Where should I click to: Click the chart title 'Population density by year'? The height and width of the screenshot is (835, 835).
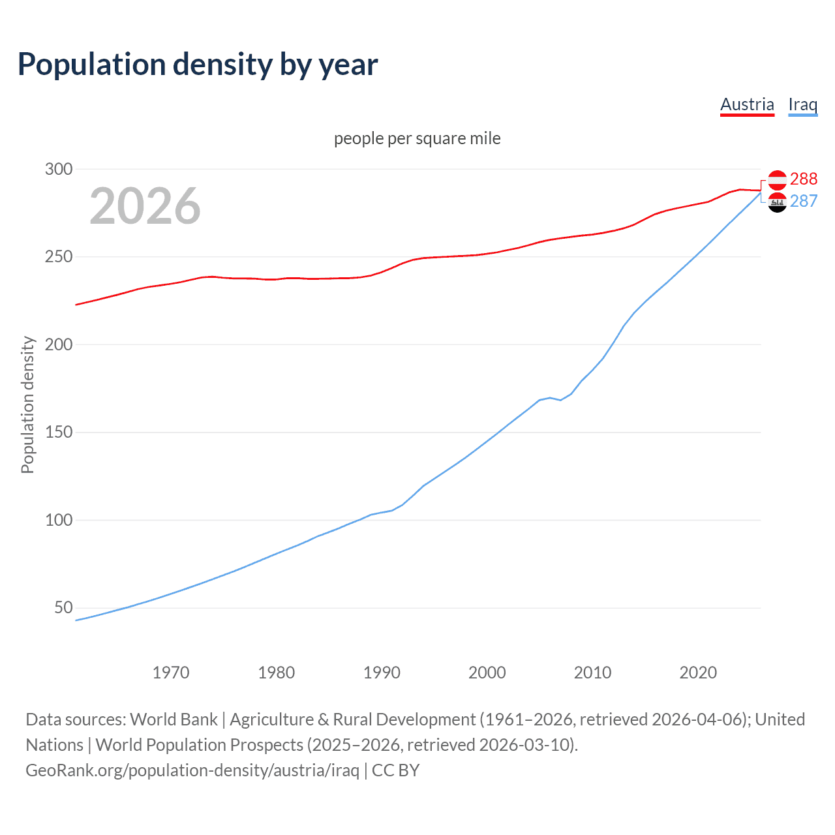coord(198,65)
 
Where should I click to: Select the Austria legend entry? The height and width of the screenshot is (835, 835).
coord(747,104)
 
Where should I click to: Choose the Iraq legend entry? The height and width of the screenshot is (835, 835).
coord(802,104)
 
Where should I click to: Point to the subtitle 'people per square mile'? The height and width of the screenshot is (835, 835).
coord(417,138)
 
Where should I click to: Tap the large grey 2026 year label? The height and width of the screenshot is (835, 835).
coord(145,206)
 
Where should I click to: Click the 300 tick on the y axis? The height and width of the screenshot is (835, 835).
coord(58,169)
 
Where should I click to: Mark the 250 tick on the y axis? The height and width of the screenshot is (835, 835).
coord(58,257)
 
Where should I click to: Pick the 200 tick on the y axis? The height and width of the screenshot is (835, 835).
coord(58,344)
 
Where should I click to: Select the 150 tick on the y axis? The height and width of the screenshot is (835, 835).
coord(58,433)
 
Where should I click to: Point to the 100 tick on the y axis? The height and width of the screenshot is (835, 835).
coord(58,520)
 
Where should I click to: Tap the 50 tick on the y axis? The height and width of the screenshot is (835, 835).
coord(63,608)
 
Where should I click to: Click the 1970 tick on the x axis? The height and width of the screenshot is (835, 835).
coord(171,673)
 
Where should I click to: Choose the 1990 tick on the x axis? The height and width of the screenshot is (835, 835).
coord(382,673)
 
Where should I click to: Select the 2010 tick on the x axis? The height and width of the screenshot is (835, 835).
coord(592,673)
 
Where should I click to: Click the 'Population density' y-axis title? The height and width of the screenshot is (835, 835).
coord(27,404)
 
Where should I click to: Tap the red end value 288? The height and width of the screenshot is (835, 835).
coord(803,179)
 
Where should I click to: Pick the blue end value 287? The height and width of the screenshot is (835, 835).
coord(803,202)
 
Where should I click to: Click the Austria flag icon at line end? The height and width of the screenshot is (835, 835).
coord(777,180)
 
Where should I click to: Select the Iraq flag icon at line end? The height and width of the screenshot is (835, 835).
coord(777,202)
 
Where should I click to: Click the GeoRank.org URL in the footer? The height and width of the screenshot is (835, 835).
coord(192,770)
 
